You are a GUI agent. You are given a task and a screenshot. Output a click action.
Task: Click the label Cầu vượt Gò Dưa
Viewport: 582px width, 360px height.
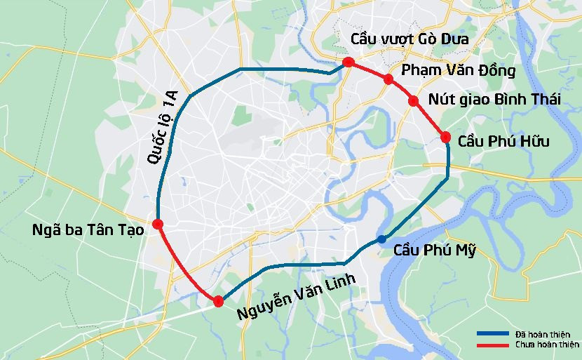(410, 39)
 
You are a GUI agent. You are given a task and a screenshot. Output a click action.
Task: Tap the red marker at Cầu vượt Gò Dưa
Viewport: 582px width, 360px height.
(348, 63)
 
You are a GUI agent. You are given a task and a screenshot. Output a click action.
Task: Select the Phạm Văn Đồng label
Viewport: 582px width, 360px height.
(458, 71)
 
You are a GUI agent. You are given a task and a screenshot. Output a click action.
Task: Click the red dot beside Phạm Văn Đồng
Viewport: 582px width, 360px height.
(388, 79)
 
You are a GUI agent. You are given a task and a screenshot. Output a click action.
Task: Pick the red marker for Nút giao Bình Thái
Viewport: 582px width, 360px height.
(414, 101)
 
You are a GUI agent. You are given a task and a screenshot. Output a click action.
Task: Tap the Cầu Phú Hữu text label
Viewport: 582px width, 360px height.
(503, 142)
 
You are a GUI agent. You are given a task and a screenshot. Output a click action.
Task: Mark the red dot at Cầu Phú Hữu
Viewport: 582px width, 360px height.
(445, 137)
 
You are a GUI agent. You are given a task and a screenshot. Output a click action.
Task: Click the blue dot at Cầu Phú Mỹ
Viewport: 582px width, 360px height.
(381, 239)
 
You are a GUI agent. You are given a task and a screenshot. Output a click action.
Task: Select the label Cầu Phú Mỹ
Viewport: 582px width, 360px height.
(434, 251)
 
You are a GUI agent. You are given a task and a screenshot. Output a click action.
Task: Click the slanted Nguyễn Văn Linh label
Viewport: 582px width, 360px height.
(295, 298)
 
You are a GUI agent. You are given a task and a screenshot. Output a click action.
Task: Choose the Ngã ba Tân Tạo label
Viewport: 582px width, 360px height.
(88, 229)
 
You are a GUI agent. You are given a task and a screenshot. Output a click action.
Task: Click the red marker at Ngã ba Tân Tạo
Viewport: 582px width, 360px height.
(158, 224)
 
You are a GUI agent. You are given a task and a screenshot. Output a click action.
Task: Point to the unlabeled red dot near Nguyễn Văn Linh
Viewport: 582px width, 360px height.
(218, 301)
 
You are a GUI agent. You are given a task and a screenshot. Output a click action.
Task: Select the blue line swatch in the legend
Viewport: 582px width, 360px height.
(492, 333)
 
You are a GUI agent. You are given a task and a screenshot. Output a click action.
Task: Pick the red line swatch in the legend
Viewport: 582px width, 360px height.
(492, 345)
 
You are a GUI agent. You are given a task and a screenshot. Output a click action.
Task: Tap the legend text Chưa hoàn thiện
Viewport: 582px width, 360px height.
(547, 345)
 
